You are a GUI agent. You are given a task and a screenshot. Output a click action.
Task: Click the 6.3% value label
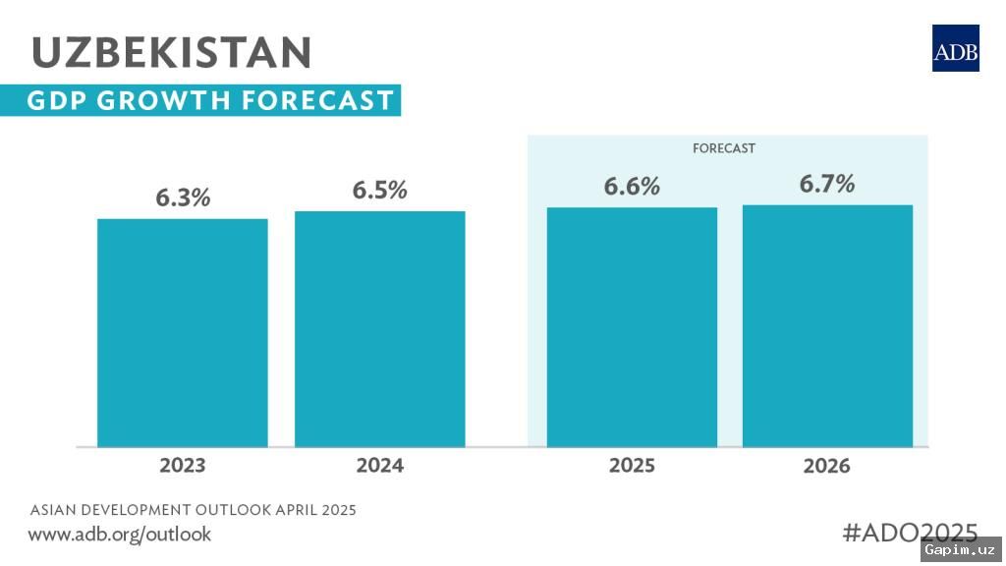[183, 198]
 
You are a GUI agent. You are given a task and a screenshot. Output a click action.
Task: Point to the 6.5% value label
[379, 190]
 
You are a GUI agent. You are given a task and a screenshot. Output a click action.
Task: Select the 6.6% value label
[632, 187]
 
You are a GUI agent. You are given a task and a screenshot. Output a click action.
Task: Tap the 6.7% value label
[827, 184]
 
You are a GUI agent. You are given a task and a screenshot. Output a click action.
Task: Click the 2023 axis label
[183, 465]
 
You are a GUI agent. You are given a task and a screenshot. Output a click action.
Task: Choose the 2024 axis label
[379, 465]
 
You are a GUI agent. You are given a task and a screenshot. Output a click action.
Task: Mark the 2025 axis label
[632, 465]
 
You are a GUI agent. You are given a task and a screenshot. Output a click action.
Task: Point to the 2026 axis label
[827, 466]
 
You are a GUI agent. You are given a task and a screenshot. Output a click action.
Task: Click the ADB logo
[955, 48]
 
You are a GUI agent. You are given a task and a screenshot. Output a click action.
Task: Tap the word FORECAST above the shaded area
[723, 148]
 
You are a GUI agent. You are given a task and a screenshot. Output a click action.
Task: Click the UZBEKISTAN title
[172, 52]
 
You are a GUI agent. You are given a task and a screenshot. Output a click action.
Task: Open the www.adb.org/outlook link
[120, 535]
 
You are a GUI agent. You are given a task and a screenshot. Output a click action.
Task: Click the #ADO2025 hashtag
[910, 533]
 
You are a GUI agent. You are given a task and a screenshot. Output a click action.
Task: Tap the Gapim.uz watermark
[960, 550]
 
